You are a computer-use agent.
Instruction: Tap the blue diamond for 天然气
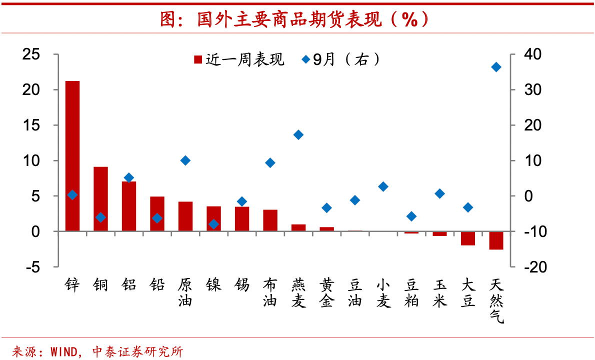tap(496, 67)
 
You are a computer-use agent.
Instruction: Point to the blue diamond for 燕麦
tap(298, 134)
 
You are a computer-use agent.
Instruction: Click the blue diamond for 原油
tap(185, 160)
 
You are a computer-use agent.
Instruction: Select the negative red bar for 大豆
tap(468, 238)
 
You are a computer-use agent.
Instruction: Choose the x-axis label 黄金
tap(326, 294)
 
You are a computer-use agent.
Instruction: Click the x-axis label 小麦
tap(383, 294)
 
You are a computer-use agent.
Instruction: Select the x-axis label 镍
tap(213, 286)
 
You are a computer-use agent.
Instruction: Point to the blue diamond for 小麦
tap(383, 186)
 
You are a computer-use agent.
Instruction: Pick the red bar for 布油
tap(270, 220)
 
